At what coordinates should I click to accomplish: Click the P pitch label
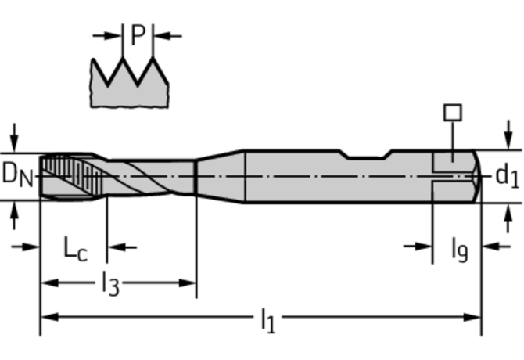point(138,35)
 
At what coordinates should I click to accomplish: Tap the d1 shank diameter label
point(507,176)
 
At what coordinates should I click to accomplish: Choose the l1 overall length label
point(267,320)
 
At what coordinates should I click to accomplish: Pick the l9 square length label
point(458,250)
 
